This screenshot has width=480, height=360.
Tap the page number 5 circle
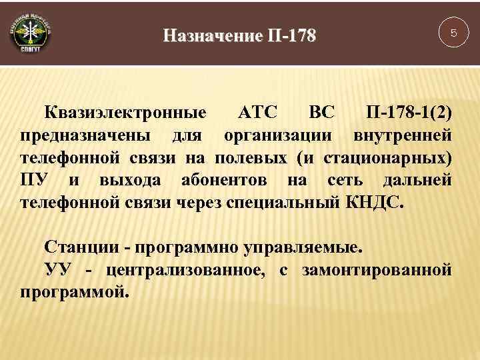point(453,33)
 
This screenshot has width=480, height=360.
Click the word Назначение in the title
point(213,34)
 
